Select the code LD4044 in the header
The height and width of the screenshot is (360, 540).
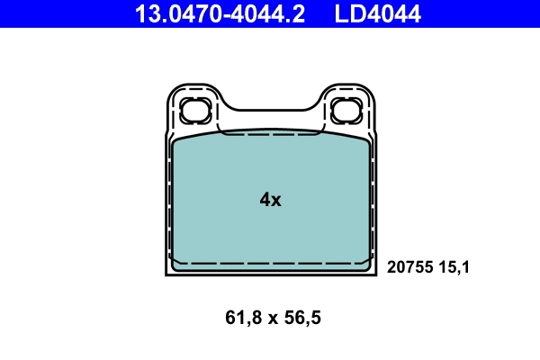click(x=378, y=13)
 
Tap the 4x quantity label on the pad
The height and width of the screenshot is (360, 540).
click(x=270, y=200)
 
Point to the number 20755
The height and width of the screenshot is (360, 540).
click(x=410, y=266)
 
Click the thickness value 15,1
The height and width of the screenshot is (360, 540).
click(x=455, y=266)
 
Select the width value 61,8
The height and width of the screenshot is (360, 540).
click(x=238, y=317)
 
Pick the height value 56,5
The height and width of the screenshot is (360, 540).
click(x=302, y=317)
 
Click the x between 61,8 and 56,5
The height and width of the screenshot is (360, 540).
click(x=270, y=318)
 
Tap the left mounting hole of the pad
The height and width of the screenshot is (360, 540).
click(x=194, y=112)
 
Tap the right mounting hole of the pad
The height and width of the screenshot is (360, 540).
click(x=346, y=112)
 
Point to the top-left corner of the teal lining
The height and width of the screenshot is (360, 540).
click(x=174, y=141)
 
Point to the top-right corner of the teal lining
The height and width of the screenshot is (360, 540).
click(x=366, y=141)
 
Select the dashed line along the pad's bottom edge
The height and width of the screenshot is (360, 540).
click(x=270, y=263)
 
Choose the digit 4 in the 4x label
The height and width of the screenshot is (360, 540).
click(x=265, y=200)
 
